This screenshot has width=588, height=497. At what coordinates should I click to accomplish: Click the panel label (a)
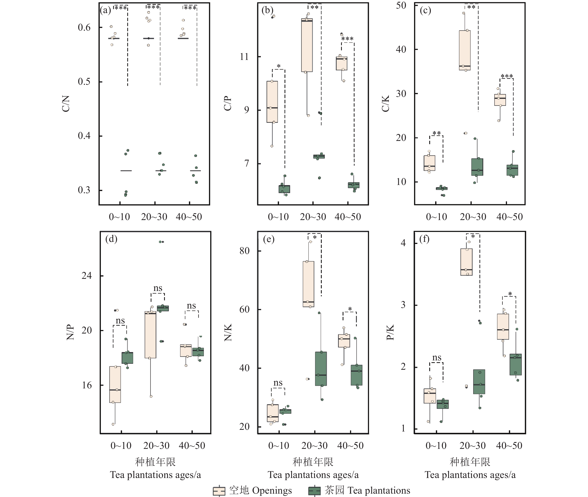coord(105,11)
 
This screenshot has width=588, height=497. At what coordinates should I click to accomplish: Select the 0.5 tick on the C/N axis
coord(84,82)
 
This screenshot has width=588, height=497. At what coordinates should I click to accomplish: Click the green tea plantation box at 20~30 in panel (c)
coord(477,167)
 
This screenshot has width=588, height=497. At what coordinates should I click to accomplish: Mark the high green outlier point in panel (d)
coord(161,242)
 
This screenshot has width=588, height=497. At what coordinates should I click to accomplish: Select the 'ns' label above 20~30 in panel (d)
coord(158,288)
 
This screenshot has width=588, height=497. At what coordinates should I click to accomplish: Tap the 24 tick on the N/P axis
coord(86,275)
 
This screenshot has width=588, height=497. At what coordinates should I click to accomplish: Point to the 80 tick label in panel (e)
coord(244,251)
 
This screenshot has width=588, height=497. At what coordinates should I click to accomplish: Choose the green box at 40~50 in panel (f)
coord(515,364)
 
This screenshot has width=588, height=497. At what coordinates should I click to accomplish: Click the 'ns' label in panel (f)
coord(436,358)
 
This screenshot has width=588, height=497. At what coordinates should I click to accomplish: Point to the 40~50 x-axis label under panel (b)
coord(348,217)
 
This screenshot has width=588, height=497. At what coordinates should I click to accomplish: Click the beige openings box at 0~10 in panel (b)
coord(272,102)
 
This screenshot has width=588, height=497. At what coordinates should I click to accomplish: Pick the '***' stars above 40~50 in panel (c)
coord(507,76)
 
